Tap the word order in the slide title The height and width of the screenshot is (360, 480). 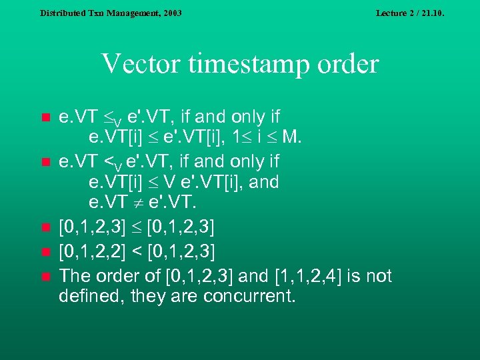[348, 65]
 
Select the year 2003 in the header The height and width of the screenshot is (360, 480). [170, 13]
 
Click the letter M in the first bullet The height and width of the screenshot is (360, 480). [291, 139]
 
